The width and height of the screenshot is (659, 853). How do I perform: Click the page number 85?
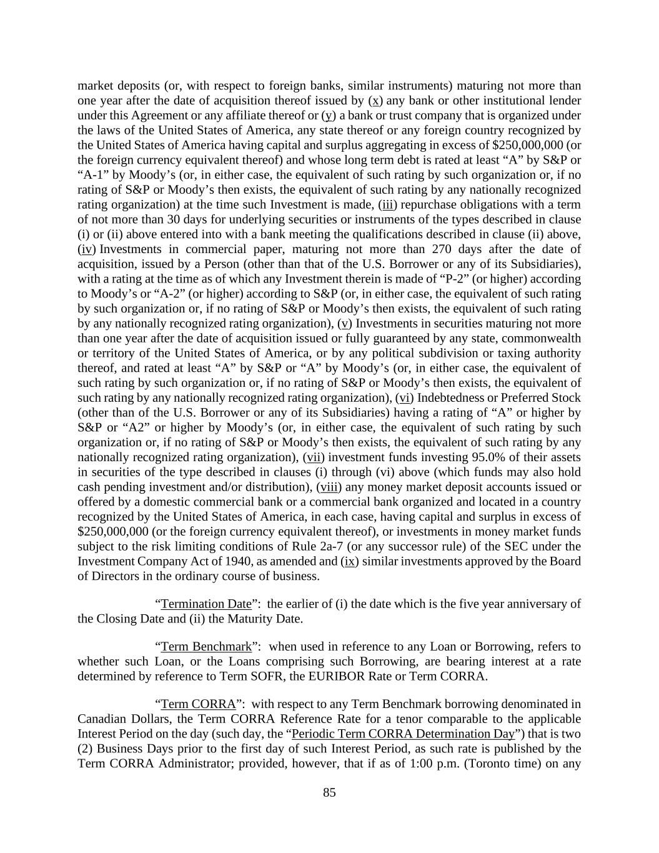click(329, 792)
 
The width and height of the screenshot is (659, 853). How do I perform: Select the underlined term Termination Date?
click(206, 604)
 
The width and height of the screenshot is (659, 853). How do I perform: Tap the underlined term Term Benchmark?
click(206, 646)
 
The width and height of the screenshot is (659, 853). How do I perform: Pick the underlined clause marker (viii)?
click(329, 487)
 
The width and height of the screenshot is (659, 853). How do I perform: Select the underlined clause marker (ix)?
click(350, 561)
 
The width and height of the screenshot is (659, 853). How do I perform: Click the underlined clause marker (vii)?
click(314, 457)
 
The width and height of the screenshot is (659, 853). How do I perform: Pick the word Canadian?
click(101, 719)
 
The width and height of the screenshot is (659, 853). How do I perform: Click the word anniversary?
click(542, 604)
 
